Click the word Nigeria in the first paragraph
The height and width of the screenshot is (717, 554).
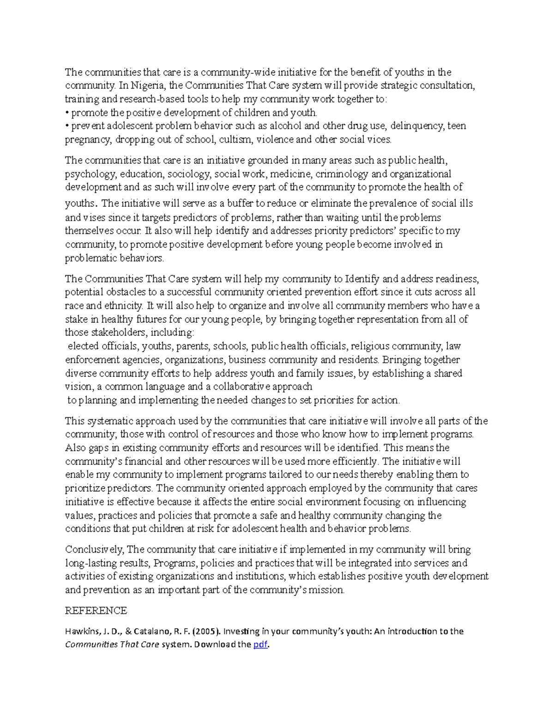[147, 85]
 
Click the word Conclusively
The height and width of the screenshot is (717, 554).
[94, 549]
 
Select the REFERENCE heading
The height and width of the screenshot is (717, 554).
[96, 611]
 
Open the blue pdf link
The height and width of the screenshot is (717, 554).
[260, 645]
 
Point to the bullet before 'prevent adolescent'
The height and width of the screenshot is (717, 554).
[67, 126]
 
